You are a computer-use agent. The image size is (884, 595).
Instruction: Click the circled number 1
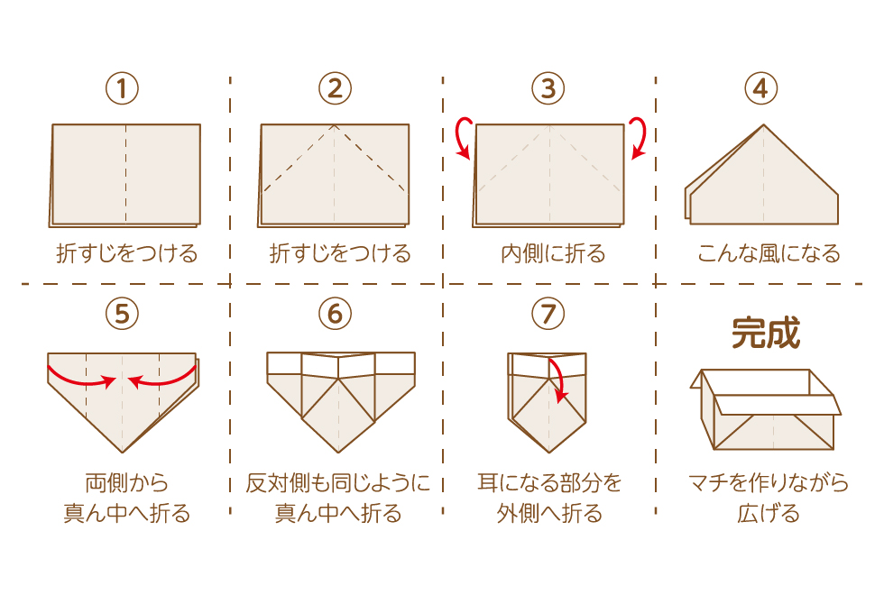point(122,88)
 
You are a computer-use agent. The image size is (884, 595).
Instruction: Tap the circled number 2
point(335,88)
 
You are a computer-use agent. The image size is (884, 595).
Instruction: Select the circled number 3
point(548,88)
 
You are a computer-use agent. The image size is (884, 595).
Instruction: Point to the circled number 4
point(761,88)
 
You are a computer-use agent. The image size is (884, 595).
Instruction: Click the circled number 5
point(122,314)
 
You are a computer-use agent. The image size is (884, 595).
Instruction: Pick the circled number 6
point(335,314)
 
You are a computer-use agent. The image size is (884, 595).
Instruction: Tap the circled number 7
point(548,314)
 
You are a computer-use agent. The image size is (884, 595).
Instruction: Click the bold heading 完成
point(766,333)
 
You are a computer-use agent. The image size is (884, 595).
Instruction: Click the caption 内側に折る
point(553,254)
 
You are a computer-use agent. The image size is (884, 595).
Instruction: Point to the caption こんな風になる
point(769,254)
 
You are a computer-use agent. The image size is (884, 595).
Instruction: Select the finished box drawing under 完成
point(766,409)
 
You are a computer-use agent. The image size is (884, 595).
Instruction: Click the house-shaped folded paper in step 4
point(761,174)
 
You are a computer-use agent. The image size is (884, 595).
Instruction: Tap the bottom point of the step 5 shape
point(123,453)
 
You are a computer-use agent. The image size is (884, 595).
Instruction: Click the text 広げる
point(769,513)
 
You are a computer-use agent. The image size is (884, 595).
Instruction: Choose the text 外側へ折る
point(549,513)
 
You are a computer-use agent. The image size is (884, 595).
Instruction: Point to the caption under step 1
point(127,254)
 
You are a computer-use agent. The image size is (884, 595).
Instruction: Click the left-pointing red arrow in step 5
point(162,379)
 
